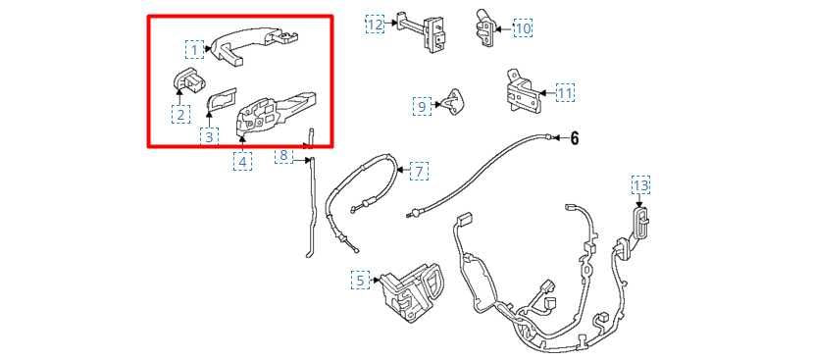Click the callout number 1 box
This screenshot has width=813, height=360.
194,49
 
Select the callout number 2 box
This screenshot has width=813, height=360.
180,114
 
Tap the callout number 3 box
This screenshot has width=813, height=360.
209,136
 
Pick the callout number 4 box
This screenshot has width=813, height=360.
242,161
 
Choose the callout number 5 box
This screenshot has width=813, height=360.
361,281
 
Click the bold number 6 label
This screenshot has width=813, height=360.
575,138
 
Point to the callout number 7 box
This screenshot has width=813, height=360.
419,172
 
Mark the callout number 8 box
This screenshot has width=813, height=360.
283,155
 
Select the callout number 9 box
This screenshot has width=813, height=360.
422,106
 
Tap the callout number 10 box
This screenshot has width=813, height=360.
523,28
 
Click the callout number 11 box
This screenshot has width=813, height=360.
565,93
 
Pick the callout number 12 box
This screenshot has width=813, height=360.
375,23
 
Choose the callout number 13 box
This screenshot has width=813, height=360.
640,184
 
